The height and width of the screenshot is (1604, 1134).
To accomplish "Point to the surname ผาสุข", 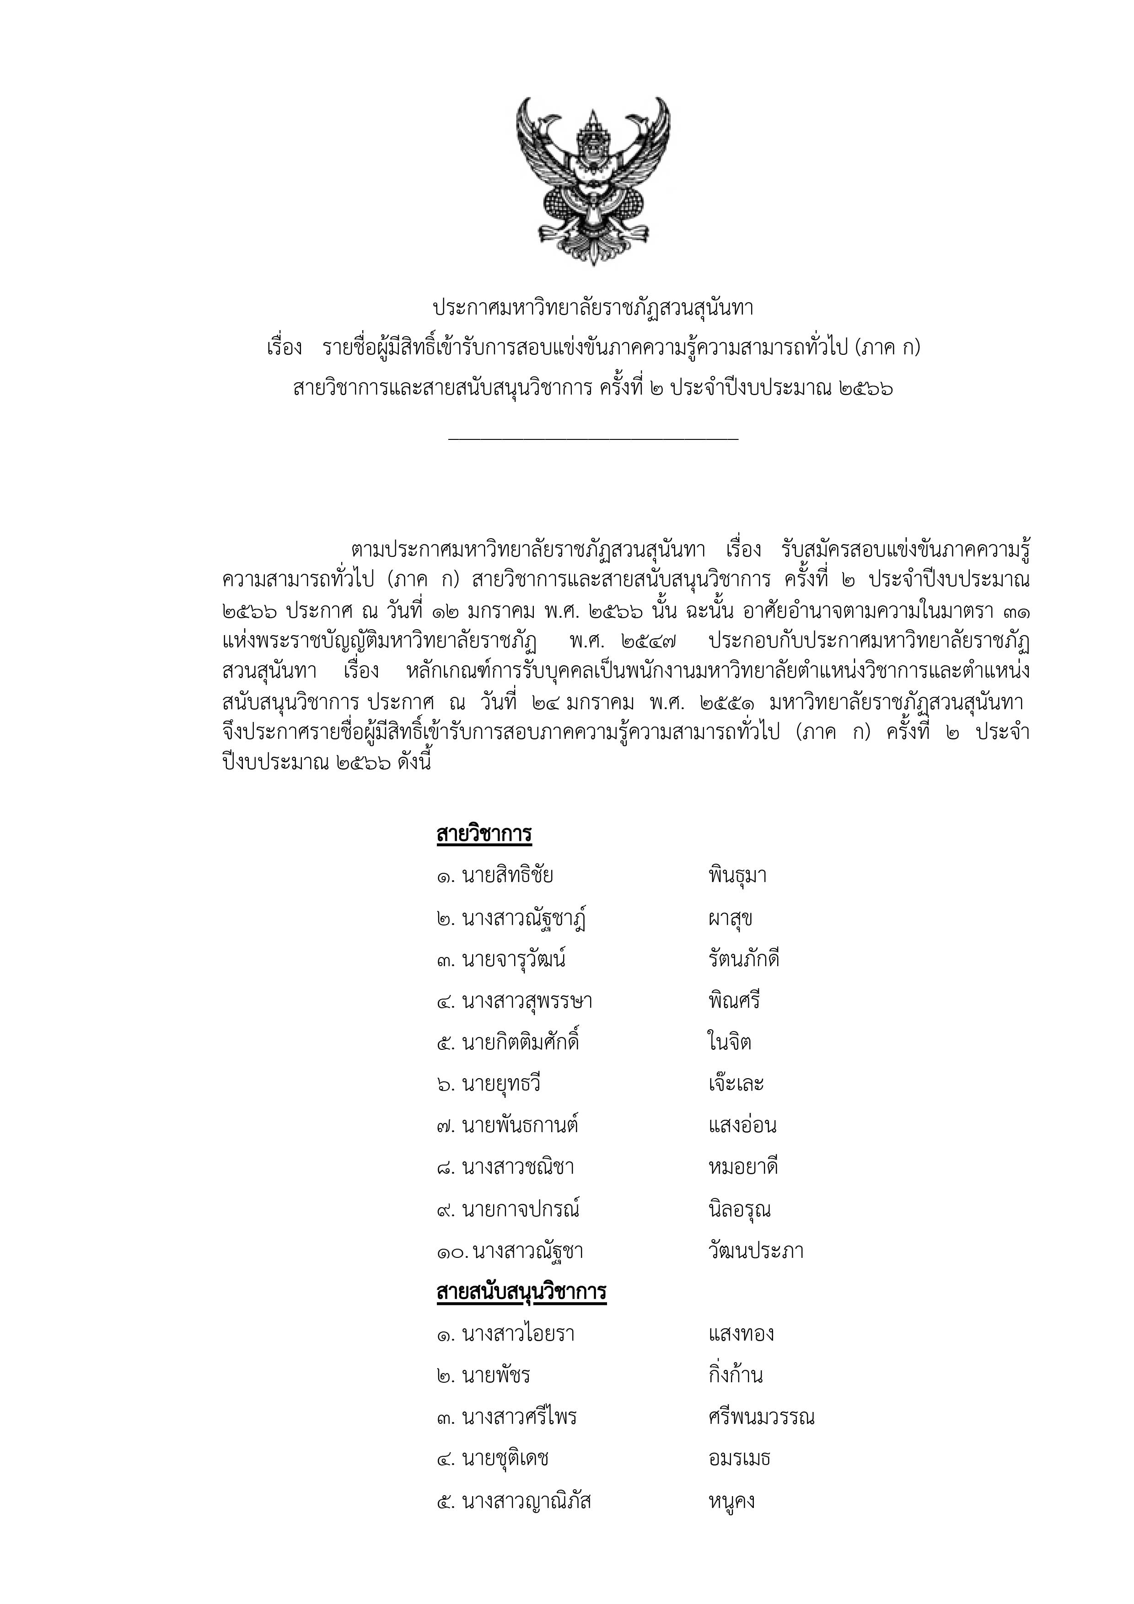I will (730, 919).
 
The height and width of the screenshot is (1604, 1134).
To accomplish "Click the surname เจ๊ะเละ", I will (736, 1084).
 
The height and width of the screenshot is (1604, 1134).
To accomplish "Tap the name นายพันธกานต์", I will (520, 1125).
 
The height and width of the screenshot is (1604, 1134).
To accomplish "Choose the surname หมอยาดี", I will (743, 1167).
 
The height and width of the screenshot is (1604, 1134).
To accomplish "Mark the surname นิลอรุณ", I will (739, 1209).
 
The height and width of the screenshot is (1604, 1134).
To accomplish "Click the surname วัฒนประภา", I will (755, 1251).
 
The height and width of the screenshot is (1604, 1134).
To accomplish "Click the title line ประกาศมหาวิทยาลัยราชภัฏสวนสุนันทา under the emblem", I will (593, 308).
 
